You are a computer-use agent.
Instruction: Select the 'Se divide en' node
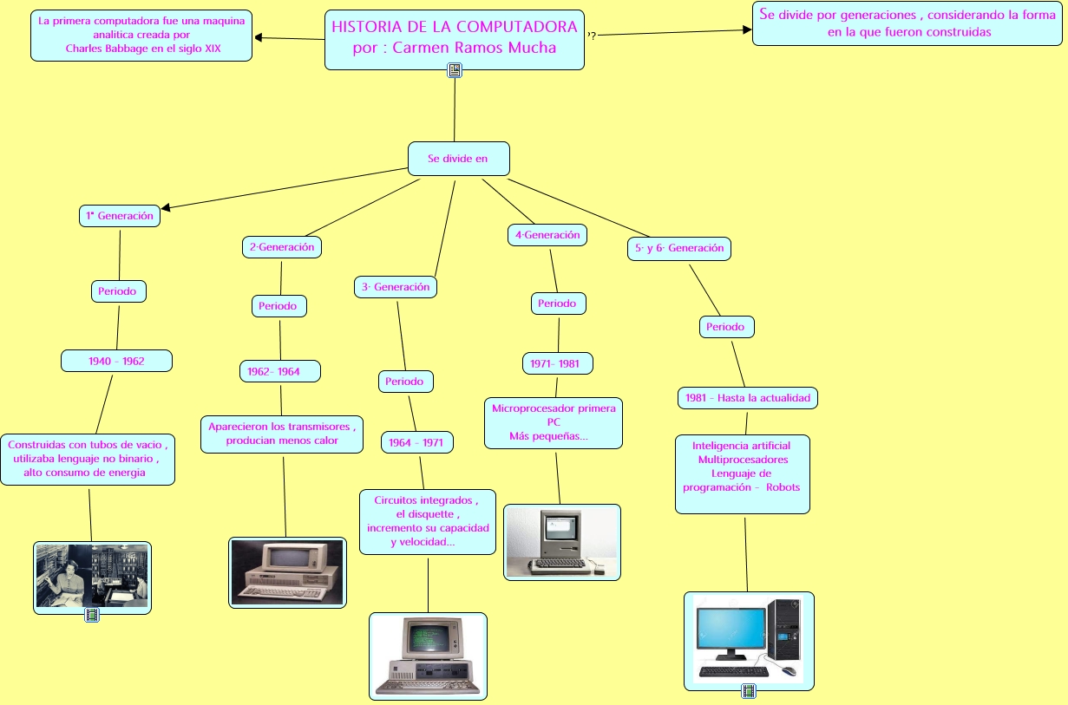pos(458,159)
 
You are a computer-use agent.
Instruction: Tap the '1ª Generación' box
pos(120,216)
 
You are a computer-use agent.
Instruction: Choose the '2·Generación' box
pos(282,247)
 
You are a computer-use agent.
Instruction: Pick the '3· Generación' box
pos(396,287)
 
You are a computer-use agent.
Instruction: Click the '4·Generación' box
pos(547,235)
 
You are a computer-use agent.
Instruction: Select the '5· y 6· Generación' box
pos(678,248)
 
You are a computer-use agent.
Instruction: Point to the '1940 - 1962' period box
pos(116,361)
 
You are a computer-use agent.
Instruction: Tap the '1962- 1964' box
pos(279,371)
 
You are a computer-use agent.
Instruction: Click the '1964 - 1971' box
pos(416,442)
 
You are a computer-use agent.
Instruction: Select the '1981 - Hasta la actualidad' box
pos(747,398)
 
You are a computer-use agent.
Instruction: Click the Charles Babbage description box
pos(141,36)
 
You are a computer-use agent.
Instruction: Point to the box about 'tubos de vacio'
pos(88,459)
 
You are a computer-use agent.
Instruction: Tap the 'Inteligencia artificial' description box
pos(742,473)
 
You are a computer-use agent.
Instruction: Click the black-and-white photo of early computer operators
pos(92,576)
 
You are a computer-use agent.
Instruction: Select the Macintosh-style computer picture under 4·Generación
pos(562,541)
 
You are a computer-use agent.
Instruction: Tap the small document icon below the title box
pos(455,70)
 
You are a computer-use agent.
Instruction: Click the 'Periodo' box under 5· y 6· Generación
pos(726,327)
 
